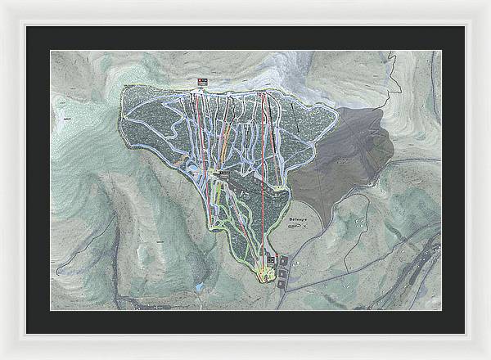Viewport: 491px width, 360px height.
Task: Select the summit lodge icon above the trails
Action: click(202, 81)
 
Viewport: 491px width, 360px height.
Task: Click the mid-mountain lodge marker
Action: click(223, 173)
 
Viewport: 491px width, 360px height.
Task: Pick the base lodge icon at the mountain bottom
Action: click(271, 261)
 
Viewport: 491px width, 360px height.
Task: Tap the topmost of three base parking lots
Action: click(285, 259)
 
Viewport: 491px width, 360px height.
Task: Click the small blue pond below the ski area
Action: click(198, 287)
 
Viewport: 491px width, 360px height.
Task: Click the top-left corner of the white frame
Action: click(2, 2)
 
